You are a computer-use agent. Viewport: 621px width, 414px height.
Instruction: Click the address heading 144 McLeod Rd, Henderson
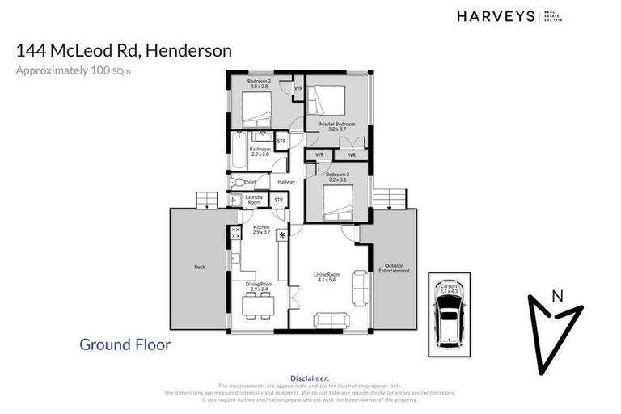tap(124, 50)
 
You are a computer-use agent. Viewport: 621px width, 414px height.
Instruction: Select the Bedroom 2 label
tap(259, 84)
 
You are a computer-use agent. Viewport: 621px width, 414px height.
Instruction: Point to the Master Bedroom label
tap(337, 126)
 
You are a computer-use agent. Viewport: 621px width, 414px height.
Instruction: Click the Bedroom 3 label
tap(336, 176)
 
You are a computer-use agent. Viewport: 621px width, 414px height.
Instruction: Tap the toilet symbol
tap(237, 182)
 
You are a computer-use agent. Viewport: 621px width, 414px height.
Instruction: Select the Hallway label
tap(285, 182)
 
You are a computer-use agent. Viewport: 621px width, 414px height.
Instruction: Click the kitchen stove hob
tap(236, 234)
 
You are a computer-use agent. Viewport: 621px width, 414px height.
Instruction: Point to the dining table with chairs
tap(260, 305)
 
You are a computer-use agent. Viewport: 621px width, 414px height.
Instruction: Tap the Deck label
tap(198, 267)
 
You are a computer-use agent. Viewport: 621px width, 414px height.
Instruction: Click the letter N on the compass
tap(556, 296)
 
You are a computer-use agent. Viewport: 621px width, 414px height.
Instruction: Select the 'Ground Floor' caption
tap(125, 344)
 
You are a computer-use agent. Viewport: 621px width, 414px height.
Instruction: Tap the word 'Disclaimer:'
tap(310, 378)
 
